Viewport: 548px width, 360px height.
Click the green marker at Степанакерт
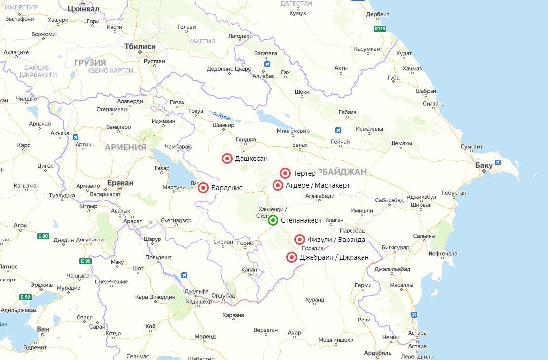(273, 220)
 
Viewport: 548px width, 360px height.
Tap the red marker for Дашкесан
(227, 159)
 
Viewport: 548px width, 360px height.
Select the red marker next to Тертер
(285, 173)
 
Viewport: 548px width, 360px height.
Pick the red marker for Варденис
(203, 188)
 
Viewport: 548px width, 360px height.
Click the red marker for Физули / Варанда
(299, 240)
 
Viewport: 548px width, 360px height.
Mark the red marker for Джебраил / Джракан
(291, 257)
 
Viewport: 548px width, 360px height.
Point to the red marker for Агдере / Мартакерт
(278, 185)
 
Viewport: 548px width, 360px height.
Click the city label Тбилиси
(140, 46)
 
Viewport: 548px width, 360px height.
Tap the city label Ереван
(120, 183)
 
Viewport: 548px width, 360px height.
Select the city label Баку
(484, 165)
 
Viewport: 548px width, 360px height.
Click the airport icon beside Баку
(497, 162)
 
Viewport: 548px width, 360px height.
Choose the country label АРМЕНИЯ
(125, 147)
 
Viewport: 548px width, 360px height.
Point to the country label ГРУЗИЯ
(90, 63)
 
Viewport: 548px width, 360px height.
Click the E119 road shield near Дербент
(380, 29)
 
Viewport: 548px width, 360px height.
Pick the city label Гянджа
(246, 140)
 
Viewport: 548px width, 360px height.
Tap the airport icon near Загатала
(267, 64)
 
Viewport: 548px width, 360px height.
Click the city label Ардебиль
(378, 353)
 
